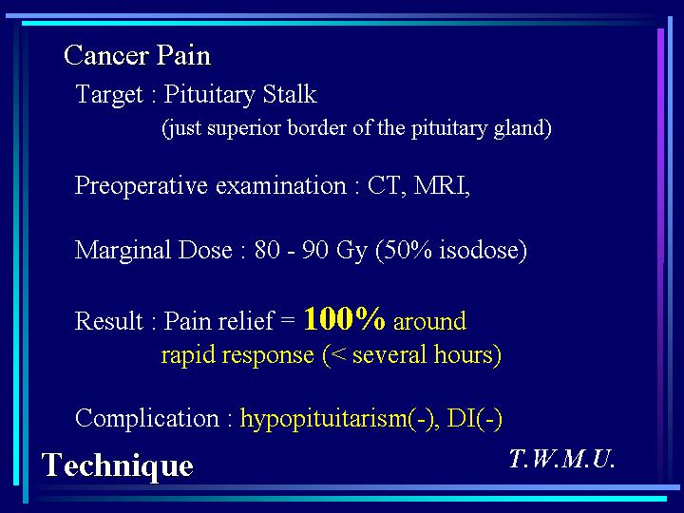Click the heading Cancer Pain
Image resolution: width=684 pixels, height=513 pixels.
coord(138,56)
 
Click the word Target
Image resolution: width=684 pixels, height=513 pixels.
coord(109,95)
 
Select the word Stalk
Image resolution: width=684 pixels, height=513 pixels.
coord(290,94)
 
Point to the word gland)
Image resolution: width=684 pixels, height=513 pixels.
coord(522,129)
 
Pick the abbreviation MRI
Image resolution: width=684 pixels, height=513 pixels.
coord(442,185)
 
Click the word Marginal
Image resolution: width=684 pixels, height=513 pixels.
coord(123,251)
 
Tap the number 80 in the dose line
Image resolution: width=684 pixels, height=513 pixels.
coord(267,251)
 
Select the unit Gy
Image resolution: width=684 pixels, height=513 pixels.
coord(351,252)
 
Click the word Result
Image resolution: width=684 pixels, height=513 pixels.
coord(109,321)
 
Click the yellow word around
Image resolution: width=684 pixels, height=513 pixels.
coord(429,321)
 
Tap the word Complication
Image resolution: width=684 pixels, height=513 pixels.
coord(147,419)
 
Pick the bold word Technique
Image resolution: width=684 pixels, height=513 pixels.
coord(118,466)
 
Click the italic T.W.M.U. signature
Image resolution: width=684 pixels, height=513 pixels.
coord(562,459)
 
